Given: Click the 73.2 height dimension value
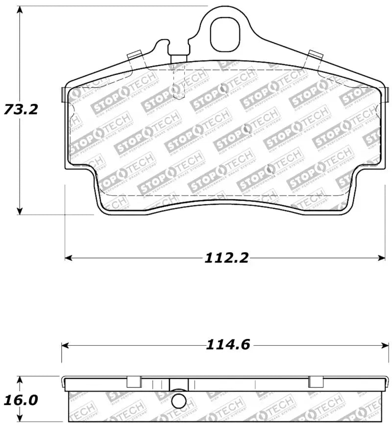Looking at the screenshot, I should pyautogui.click(x=20, y=109).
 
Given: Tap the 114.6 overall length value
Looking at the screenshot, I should pyautogui.click(x=228, y=345).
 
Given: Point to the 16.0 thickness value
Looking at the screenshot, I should pyautogui.click(x=20, y=400).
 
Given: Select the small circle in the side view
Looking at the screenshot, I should pyautogui.click(x=180, y=401).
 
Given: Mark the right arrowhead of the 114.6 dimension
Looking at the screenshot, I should pyautogui.click(x=382, y=345).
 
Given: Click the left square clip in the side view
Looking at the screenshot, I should pyautogui.click(x=134, y=382).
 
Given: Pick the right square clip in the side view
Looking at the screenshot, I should pyautogui.click(x=316, y=382).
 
